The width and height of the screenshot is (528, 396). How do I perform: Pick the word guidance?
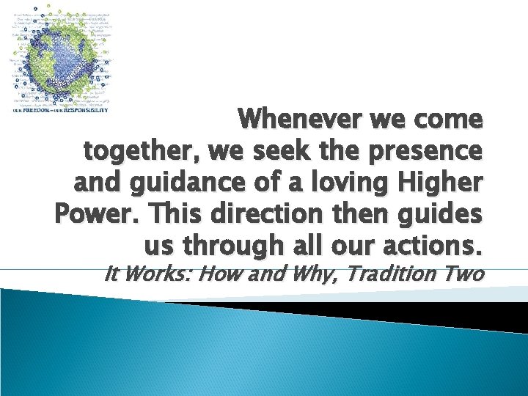pyautogui.click(x=185, y=183)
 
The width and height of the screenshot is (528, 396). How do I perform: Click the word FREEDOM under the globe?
pyautogui.click(x=38, y=110)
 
